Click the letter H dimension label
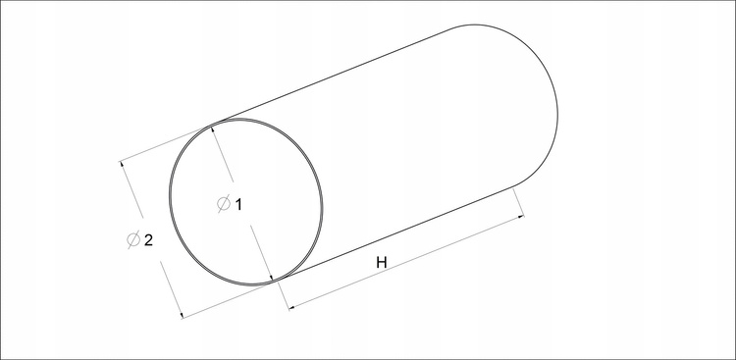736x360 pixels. (x=382, y=263)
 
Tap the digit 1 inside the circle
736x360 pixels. (x=238, y=205)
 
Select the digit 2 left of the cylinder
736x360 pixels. (x=148, y=240)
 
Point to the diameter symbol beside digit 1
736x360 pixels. (x=224, y=204)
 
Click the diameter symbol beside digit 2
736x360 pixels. (x=133, y=240)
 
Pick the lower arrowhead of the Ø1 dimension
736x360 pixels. (x=272, y=278)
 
